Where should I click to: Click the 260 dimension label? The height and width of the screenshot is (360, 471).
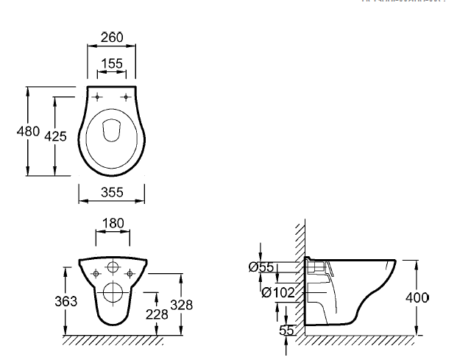coord(111,38)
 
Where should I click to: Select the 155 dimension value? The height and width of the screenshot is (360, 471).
coord(111,64)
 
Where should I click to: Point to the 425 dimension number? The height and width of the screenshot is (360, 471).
coord(55,136)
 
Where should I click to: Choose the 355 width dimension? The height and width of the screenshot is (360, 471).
coord(111,193)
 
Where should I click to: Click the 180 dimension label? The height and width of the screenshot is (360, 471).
coord(113,222)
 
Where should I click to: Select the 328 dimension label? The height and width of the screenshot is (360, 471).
coord(180,304)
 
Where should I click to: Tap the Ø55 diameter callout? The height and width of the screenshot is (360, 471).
coord(261,267)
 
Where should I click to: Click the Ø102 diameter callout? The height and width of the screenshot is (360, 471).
coord(277,292)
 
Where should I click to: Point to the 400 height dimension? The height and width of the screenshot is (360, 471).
coord(417,298)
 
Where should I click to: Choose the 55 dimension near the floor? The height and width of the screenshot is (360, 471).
coord(286,331)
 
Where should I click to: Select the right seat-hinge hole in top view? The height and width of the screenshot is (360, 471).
coord(127,96)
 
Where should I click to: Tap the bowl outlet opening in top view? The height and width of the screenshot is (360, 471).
coord(112,130)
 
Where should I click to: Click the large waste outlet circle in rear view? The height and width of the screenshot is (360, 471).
coord(113,292)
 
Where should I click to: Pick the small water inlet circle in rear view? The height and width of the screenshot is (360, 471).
coord(113,267)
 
